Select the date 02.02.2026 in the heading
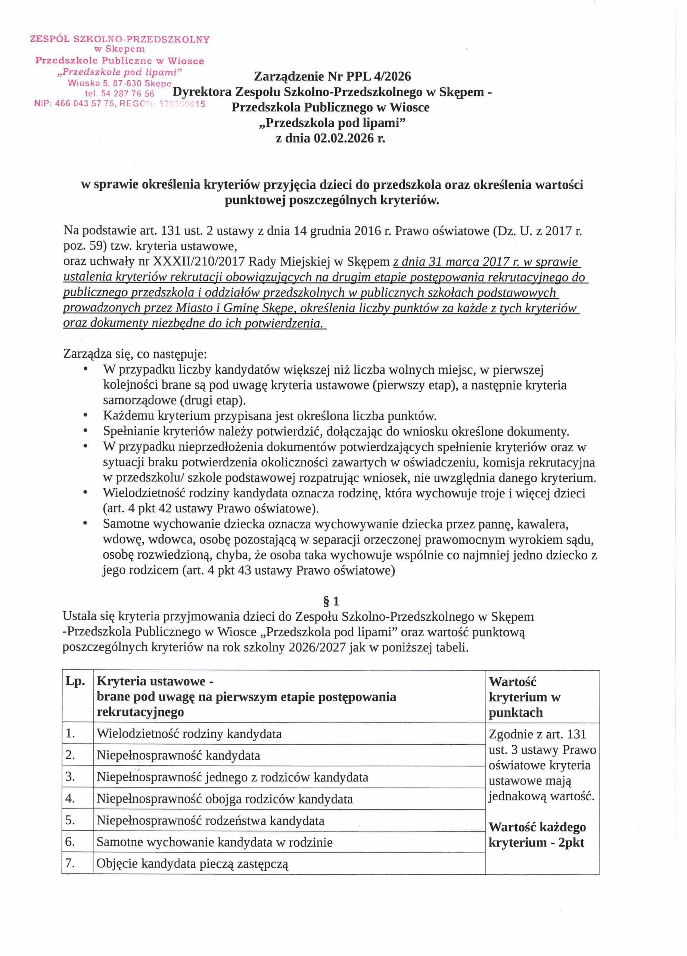point(343,138)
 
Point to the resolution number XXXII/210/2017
point(198,262)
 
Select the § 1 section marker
point(331,601)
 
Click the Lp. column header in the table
point(75,681)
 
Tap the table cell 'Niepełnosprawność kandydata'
point(178,755)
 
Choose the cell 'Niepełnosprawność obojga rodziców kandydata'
point(224,799)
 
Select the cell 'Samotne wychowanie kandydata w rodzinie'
point(214,842)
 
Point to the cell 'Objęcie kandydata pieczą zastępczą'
point(192,864)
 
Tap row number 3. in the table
point(70,776)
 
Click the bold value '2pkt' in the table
point(571,842)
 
